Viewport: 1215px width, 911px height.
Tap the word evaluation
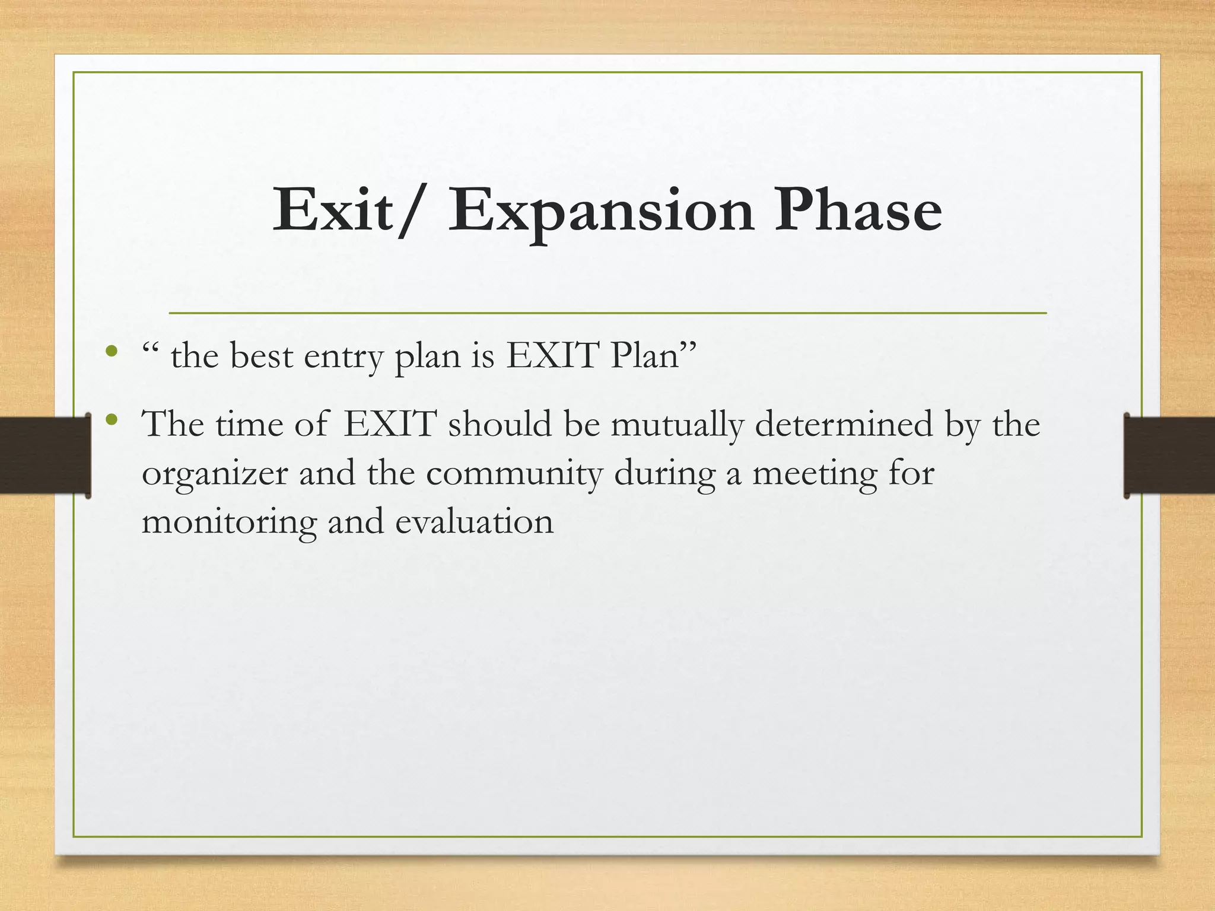coord(474,523)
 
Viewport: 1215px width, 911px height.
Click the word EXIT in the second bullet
coord(390,425)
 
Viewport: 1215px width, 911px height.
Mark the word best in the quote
coord(261,356)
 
